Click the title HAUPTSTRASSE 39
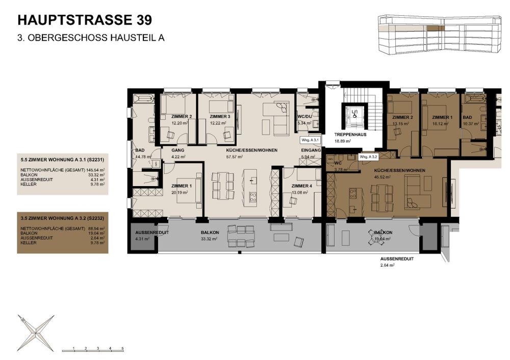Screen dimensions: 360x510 84,20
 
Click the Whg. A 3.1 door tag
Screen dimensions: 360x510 310,140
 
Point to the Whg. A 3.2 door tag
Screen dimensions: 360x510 370,157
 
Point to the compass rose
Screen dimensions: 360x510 36,331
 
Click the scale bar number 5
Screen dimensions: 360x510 122,347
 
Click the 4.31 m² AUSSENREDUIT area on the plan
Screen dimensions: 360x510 138,238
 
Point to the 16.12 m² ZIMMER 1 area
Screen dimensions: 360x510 442,123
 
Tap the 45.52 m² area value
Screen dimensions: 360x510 382,177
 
